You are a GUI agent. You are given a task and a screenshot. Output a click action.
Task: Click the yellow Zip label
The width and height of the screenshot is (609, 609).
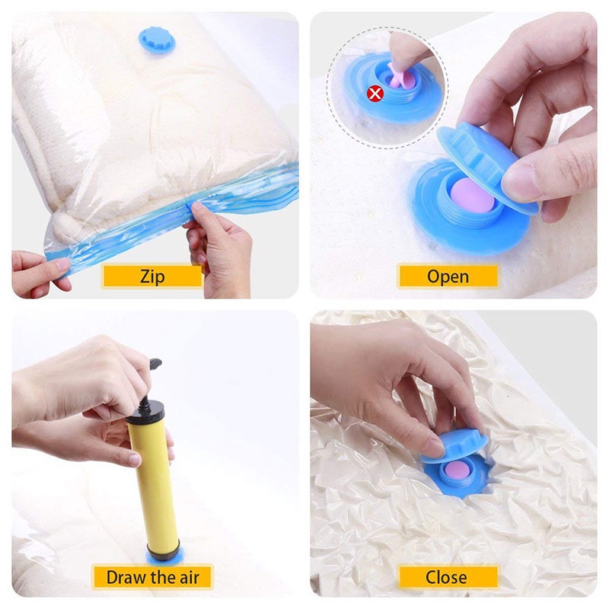(152, 276)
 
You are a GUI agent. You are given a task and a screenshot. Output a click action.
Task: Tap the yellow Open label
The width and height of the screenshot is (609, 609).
(448, 276)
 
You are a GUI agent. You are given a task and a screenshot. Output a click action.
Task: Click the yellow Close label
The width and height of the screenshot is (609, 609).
(447, 576)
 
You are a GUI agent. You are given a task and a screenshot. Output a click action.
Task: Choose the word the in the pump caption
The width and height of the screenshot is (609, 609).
(162, 576)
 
